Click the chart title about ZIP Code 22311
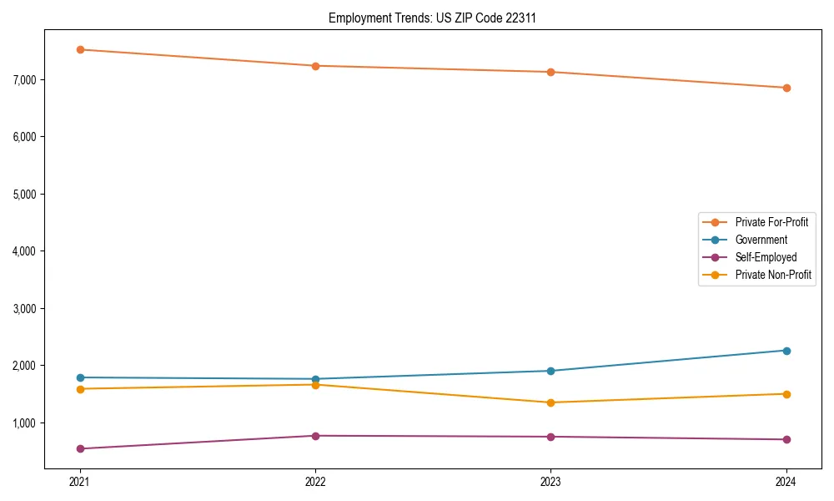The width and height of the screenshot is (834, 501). [x=432, y=18]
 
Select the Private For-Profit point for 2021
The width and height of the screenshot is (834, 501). [x=80, y=49]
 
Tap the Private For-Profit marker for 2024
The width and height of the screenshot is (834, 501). [x=786, y=88]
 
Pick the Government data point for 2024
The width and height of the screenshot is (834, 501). [x=786, y=351]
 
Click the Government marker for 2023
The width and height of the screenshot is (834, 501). [x=550, y=371]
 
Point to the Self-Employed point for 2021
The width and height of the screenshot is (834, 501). [x=80, y=448]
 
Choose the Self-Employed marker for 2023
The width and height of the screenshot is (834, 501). [x=550, y=437]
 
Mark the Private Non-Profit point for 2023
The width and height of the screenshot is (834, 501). [x=550, y=402]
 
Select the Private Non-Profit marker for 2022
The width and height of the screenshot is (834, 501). [x=315, y=385]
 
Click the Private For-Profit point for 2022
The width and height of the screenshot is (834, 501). [x=315, y=66]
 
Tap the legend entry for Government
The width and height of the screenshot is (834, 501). [x=761, y=240]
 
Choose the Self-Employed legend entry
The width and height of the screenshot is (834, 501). [x=766, y=257]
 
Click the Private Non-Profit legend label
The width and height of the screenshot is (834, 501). [x=773, y=275]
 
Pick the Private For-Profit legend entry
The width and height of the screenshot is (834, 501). [x=771, y=222]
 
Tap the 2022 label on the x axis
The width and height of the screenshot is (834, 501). [x=315, y=481]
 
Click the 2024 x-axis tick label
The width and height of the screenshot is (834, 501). [x=786, y=481]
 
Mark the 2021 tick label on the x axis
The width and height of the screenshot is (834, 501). [x=80, y=481]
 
